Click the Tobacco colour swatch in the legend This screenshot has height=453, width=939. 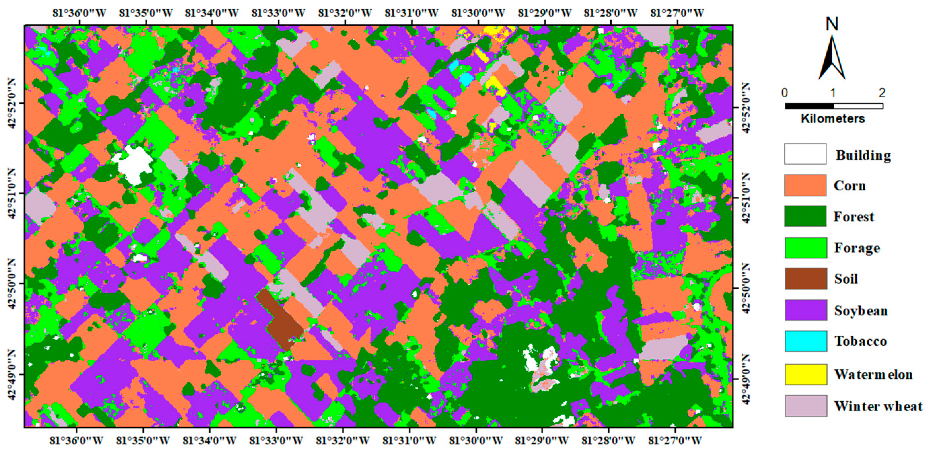pos(806,341)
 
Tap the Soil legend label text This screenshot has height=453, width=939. pos(846,279)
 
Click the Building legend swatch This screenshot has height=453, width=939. pos(805,154)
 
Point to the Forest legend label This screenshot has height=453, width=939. pos(854,217)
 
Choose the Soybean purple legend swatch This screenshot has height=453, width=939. pos(806,310)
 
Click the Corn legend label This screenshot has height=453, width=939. pos(849,186)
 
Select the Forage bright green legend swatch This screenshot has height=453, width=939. pos(806,248)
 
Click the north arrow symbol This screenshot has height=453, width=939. pos(832,58)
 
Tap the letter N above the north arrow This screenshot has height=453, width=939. pos(832,24)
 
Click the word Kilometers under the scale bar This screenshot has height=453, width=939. pos(833,119)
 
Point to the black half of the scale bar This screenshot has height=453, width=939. pos(809,106)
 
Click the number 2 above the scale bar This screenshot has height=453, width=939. pos(882,93)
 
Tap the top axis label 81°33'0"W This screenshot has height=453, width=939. pos(278,13)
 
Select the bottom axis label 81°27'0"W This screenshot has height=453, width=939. pos(675,440)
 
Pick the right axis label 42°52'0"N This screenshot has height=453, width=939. pos(745,108)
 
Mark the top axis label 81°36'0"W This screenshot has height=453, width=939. pos(80,13)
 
